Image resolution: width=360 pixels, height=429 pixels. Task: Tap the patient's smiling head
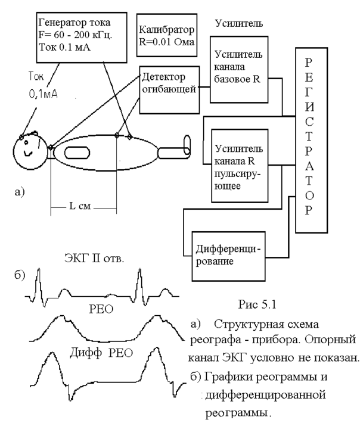29,151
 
